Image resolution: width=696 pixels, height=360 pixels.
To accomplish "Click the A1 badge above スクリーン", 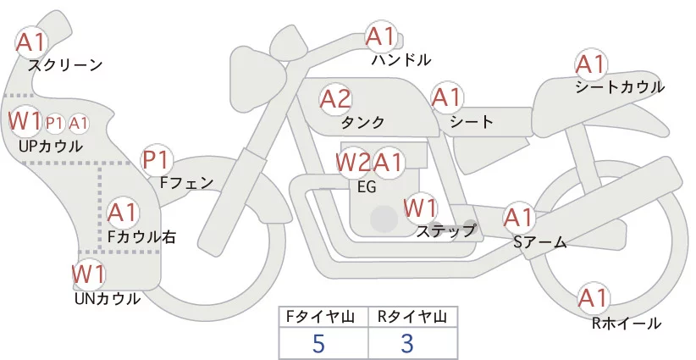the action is tap(32, 40).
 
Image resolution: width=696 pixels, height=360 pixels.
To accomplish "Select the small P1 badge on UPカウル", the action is tap(55, 123).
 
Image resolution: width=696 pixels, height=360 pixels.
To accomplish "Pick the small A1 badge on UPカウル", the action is tap(79, 123).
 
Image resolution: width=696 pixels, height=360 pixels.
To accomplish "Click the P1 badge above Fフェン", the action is tap(157, 158).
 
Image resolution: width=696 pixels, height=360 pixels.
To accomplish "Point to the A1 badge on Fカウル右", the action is tap(123, 210).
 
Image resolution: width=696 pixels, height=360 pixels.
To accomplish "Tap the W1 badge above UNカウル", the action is tap(88, 274).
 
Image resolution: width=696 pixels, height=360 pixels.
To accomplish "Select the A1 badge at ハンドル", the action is tap(380, 36).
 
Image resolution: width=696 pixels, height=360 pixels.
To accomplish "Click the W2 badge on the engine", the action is tap(353, 161).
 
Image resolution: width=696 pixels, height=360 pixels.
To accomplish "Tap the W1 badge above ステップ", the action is tap(420, 207).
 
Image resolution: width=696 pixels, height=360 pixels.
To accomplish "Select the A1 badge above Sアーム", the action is tap(519, 217).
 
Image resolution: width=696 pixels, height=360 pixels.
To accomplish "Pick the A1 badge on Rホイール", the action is tap(592, 298).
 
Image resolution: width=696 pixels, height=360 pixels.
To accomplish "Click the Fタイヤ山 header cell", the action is tap(323, 317).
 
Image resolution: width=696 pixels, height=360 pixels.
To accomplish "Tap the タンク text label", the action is tap(362, 121).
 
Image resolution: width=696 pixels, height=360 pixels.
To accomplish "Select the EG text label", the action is tap(367, 186).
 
